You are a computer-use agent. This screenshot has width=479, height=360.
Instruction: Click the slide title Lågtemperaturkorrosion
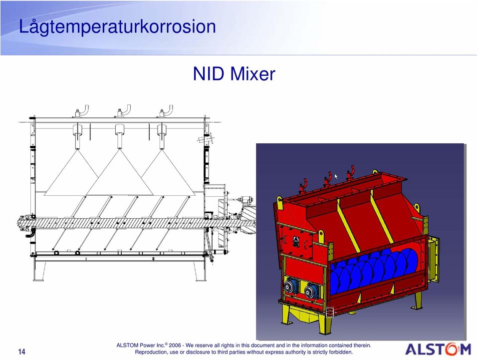click(117, 27)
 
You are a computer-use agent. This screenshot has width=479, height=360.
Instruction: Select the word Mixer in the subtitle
click(252, 74)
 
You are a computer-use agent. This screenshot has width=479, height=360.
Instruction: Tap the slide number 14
click(21, 352)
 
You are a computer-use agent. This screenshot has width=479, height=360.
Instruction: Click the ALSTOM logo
click(438, 350)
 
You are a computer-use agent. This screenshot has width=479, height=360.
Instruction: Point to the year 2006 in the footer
click(175, 346)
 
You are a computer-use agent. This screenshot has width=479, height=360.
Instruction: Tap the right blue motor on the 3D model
click(311, 290)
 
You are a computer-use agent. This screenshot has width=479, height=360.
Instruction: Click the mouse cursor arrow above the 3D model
click(336, 176)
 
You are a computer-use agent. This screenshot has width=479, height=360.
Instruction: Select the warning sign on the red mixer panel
click(296, 241)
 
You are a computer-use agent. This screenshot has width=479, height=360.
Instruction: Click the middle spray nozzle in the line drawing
click(119, 136)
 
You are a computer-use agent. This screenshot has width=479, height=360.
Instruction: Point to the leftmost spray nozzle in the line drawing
click(77, 136)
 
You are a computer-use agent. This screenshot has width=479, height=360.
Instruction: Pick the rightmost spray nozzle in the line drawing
click(162, 136)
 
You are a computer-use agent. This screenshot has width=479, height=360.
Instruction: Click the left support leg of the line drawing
click(39, 271)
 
